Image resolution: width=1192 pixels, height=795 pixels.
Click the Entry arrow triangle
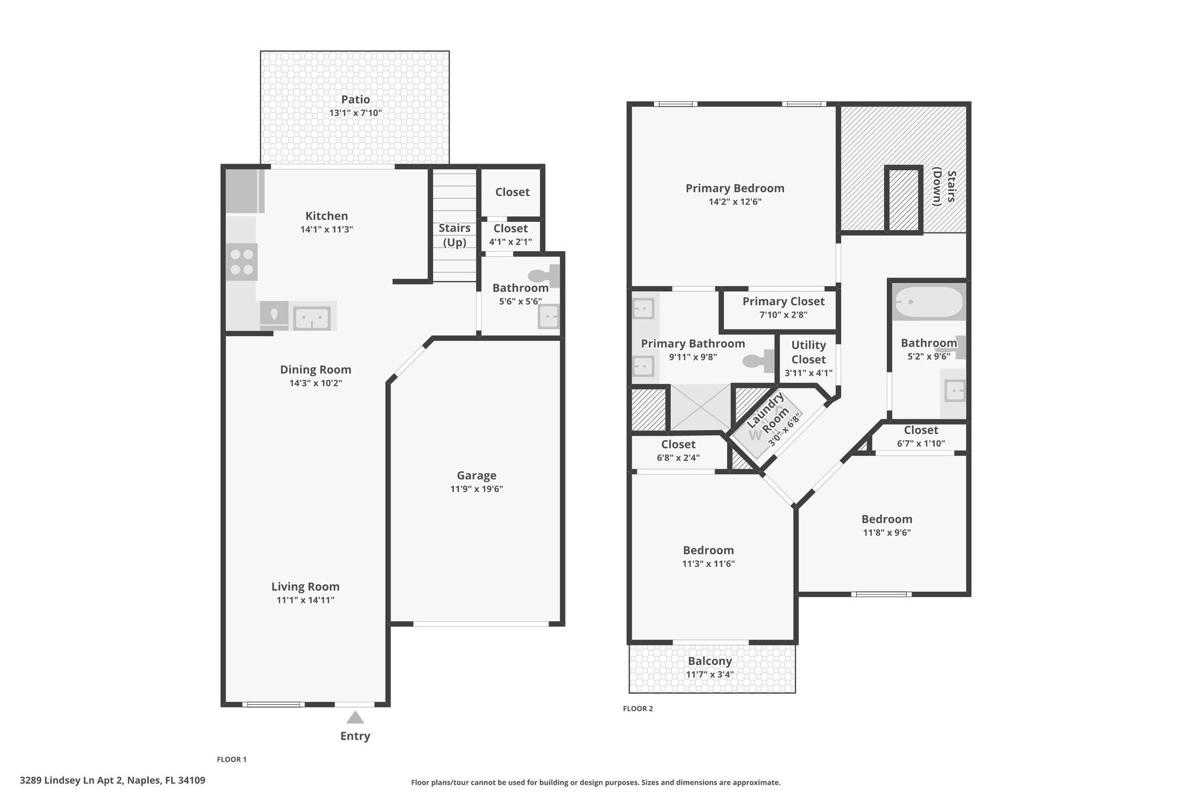click(x=355, y=717)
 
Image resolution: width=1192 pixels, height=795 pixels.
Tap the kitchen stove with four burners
click(x=242, y=262)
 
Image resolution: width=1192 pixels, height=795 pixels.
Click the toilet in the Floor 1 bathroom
click(x=544, y=275)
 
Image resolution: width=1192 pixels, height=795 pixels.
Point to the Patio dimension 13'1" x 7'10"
click(x=355, y=113)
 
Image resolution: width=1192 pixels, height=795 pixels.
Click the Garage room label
click(x=476, y=475)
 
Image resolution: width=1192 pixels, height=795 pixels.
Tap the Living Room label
click(x=305, y=586)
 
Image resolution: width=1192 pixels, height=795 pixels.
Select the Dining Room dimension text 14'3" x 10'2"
click(x=315, y=383)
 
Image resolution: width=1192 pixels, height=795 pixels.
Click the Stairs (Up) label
click(x=455, y=235)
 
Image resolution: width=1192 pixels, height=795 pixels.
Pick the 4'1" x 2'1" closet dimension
click(x=510, y=242)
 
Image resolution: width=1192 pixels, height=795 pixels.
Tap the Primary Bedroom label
click(x=735, y=188)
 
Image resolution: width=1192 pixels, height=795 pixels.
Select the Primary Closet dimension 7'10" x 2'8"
click(x=783, y=315)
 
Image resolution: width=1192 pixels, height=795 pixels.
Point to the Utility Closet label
click(x=808, y=352)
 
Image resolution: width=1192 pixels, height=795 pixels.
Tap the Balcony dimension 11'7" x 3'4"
click(x=709, y=675)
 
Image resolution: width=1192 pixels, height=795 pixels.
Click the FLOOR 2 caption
click(x=638, y=709)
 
